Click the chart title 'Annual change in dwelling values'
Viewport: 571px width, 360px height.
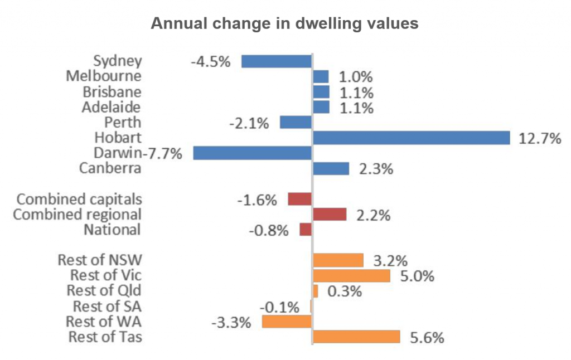pos(285,25)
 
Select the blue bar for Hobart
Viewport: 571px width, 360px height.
pos(412,138)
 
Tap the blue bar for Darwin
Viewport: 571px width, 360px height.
pos(252,153)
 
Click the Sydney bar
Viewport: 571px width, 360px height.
pos(276,61)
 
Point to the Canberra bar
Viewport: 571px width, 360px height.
pos(331,168)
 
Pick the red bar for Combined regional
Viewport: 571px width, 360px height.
pos(330,215)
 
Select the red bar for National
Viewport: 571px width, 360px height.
pos(306,230)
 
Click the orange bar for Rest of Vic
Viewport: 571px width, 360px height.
pos(351,275)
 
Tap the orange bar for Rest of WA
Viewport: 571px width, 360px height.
pos(287,322)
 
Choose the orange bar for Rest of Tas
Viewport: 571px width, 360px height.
pos(356,337)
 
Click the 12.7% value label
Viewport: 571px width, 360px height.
pos(539,138)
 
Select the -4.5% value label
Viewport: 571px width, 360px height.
pos(210,62)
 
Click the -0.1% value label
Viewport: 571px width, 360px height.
pos(279,307)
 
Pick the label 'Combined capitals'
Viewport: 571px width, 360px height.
pos(79,199)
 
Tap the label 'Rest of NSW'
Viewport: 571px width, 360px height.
pos(99,260)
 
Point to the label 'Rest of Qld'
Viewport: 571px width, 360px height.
pos(104,290)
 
